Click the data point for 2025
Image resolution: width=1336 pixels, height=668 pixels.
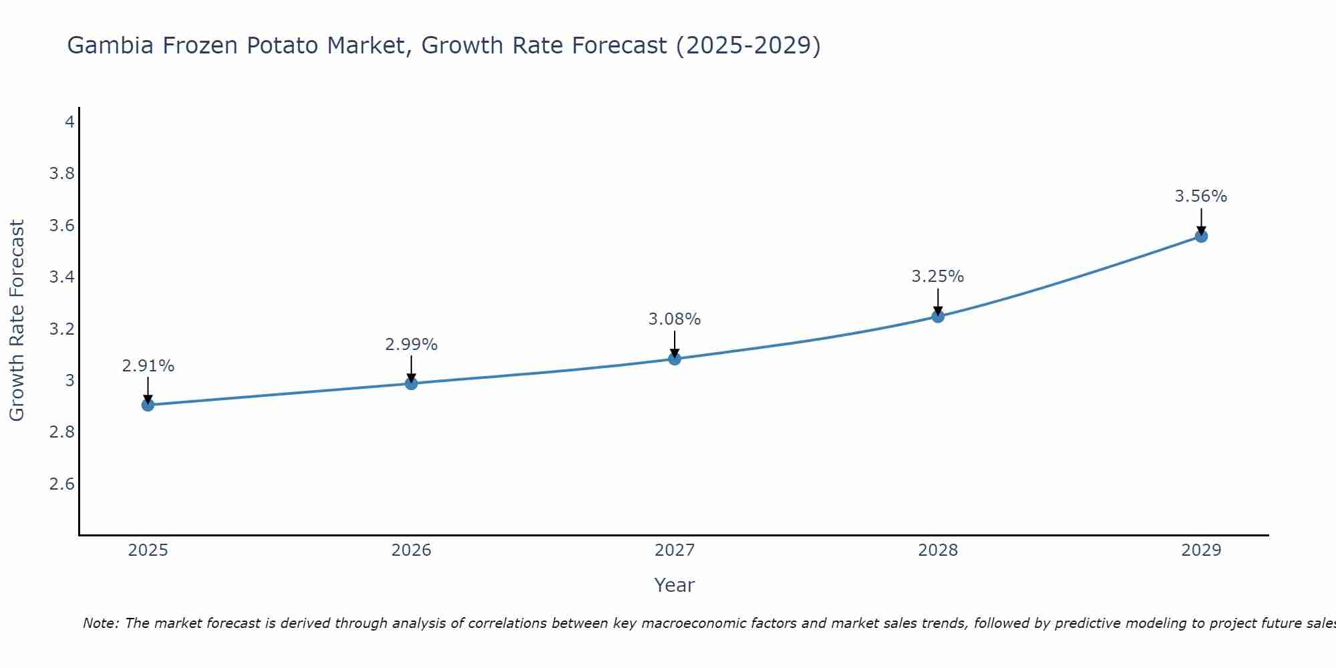148,405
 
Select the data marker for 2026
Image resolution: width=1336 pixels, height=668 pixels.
411,383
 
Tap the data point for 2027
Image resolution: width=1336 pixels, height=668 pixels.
675,359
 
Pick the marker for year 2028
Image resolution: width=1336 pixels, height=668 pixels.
938,317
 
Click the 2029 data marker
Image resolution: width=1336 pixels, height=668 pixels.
1201,236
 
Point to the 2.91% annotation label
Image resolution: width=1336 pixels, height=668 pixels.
148,366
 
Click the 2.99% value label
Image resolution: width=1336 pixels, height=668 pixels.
411,345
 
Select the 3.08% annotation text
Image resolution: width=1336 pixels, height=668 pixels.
675,319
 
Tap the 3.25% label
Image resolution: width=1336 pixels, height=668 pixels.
938,277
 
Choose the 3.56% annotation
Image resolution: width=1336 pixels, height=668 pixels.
1201,196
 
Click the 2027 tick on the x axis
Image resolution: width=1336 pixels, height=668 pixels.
675,550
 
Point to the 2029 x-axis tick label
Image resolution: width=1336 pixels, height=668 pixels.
1201,550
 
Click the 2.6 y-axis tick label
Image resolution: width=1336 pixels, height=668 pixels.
61,484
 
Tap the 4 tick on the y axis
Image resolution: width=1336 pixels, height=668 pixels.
69,122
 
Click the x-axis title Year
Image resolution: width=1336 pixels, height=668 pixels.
675,585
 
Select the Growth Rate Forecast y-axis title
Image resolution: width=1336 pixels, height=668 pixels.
17,321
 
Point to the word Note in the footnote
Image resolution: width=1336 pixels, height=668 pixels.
100,623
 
